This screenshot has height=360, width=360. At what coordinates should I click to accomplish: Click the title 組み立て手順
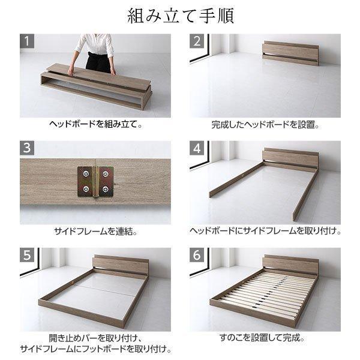[x=179, y=16]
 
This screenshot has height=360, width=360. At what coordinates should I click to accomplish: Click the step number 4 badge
[x=197, y=148]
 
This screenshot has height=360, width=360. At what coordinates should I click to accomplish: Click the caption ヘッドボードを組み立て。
[x=95, y=126]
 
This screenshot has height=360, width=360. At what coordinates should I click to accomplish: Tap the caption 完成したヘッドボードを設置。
[x=265, y=126]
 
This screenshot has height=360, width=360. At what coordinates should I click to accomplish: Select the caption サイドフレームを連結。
[x=95, y=232]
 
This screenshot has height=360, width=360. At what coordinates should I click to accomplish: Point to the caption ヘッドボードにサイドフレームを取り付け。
[x=265, y=232]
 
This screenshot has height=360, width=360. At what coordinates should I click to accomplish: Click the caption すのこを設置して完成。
[x=265, y=338]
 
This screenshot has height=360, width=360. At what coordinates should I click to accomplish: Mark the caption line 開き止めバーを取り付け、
[x=95, y=337]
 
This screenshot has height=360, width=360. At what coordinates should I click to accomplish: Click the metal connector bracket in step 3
[x=96, y=181]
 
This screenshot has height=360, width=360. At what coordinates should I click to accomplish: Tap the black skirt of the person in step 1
[x=96, y=62]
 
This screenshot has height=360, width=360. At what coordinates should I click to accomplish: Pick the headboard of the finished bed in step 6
[x=291, y=264]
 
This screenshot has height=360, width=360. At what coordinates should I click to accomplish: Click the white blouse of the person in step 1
[x=95, y=44]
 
